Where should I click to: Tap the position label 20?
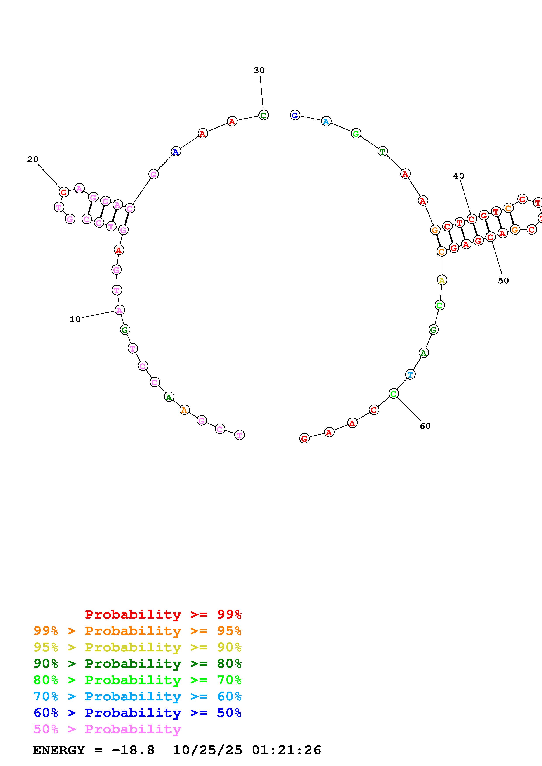tap(33, 159)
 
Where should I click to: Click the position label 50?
tap(503, 281)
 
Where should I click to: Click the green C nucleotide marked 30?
tap(263, 116)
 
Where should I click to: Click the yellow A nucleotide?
tap(442, 280)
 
